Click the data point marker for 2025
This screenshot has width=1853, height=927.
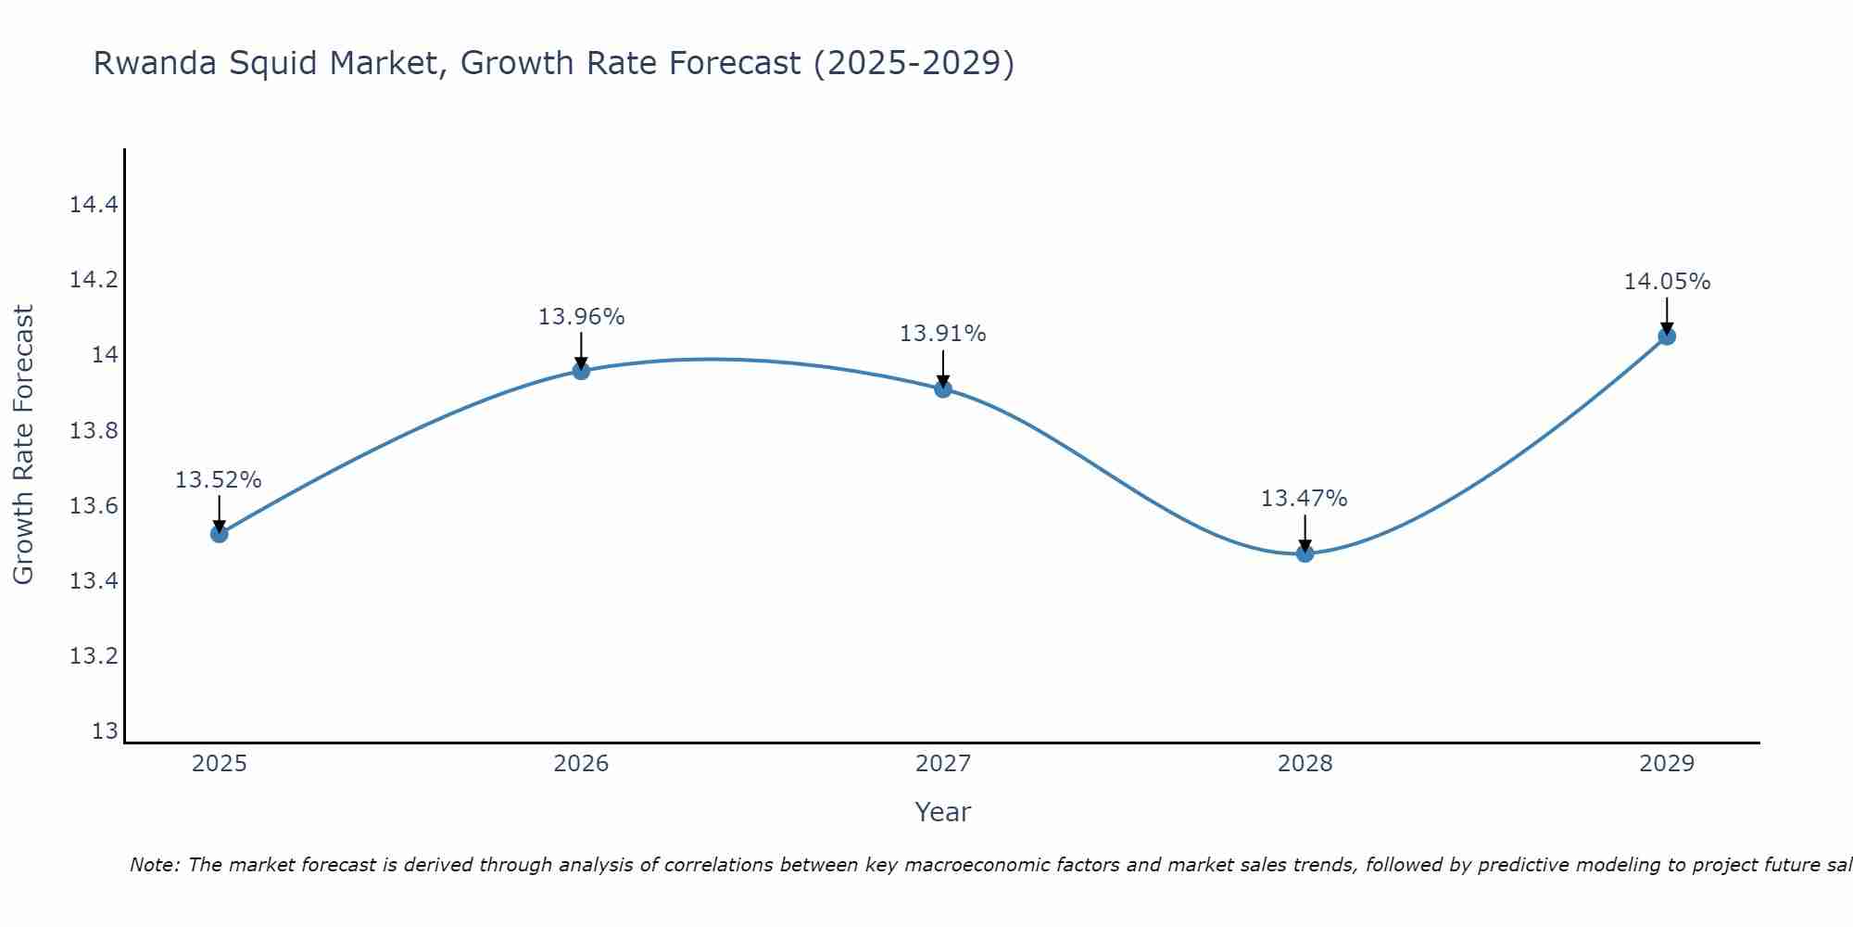pyautogui.click(x=220, y=533)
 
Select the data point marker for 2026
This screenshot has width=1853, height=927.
pyautogui.click(x=581, y=371)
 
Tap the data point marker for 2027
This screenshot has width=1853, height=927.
pyautogui.click(x=943, y=388)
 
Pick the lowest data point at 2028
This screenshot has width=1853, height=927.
pyautogui.click(x=1305, y=553)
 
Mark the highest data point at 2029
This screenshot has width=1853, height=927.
pyautogui.click(x=1667, y=336)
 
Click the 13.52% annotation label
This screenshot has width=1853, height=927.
pyautogui.click(x=219, y=480)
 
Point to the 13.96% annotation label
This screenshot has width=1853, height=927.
pyautogui.click(x=581, y=317)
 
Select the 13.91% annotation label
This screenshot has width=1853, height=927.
pyautogui.click(x=943, y=334)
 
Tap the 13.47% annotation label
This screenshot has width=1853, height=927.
pyautogui.click(x=1305, y=499)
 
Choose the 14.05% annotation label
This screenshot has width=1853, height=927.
pyautogui.click(x=1667, y=282)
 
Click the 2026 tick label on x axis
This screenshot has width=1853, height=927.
pyautogui.click(x=581, y=764)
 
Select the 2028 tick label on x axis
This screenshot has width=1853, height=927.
pyautogui.click(x=1305, y=764)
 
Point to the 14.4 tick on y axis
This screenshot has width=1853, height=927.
pyautogui.click(x=94, y=205)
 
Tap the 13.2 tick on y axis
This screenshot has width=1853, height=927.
pyautogui.click(x=94, y=656)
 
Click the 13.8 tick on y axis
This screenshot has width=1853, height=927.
pyautogui.click(x=94, y=431)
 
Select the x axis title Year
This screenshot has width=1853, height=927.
pyautogui.click(x=942, y=812)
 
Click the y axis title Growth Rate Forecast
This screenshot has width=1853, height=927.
pyautogui.click(x=23, y=445)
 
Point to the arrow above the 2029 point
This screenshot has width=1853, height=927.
pyautogui.click(x=1667, y=315)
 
